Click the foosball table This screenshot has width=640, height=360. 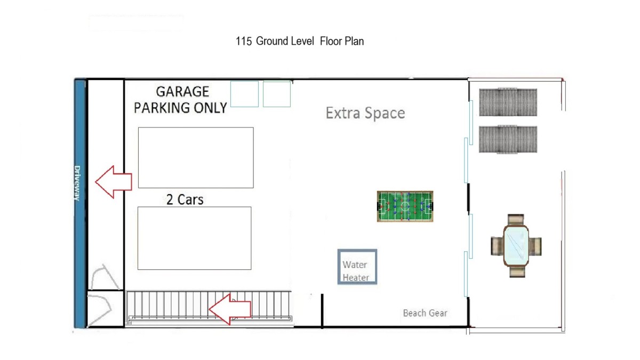coord(405,206)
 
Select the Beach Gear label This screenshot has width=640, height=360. coord(425,313)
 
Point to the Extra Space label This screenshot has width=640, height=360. coord(365,113)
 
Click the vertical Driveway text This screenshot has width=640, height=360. coord(77,183)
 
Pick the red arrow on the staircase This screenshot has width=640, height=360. coord(230,309)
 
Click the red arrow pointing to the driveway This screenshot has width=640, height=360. coord(114,182)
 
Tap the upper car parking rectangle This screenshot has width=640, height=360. coord(196,158)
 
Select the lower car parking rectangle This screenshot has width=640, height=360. coord(195,238)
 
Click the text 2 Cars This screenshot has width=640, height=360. coord(185,199)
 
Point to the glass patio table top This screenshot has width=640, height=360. coord(516,246)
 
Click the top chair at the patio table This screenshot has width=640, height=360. coord(516,219)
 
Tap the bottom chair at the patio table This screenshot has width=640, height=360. coord(517,272)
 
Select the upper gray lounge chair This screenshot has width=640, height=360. coord(508,102)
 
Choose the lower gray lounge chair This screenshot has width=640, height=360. coord(508,139)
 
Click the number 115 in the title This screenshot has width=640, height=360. coord(244,42)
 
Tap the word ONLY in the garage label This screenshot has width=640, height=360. coord(211,108)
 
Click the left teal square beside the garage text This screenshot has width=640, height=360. coord(244,94)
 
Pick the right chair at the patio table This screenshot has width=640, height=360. coord(535,246)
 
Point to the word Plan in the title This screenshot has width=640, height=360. coord(354,42)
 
